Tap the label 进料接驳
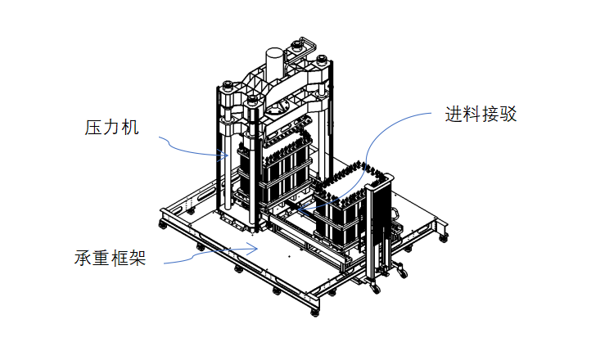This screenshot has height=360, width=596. click(x=481, y=115)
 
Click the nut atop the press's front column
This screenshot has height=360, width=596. click(x=251, y=101)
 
